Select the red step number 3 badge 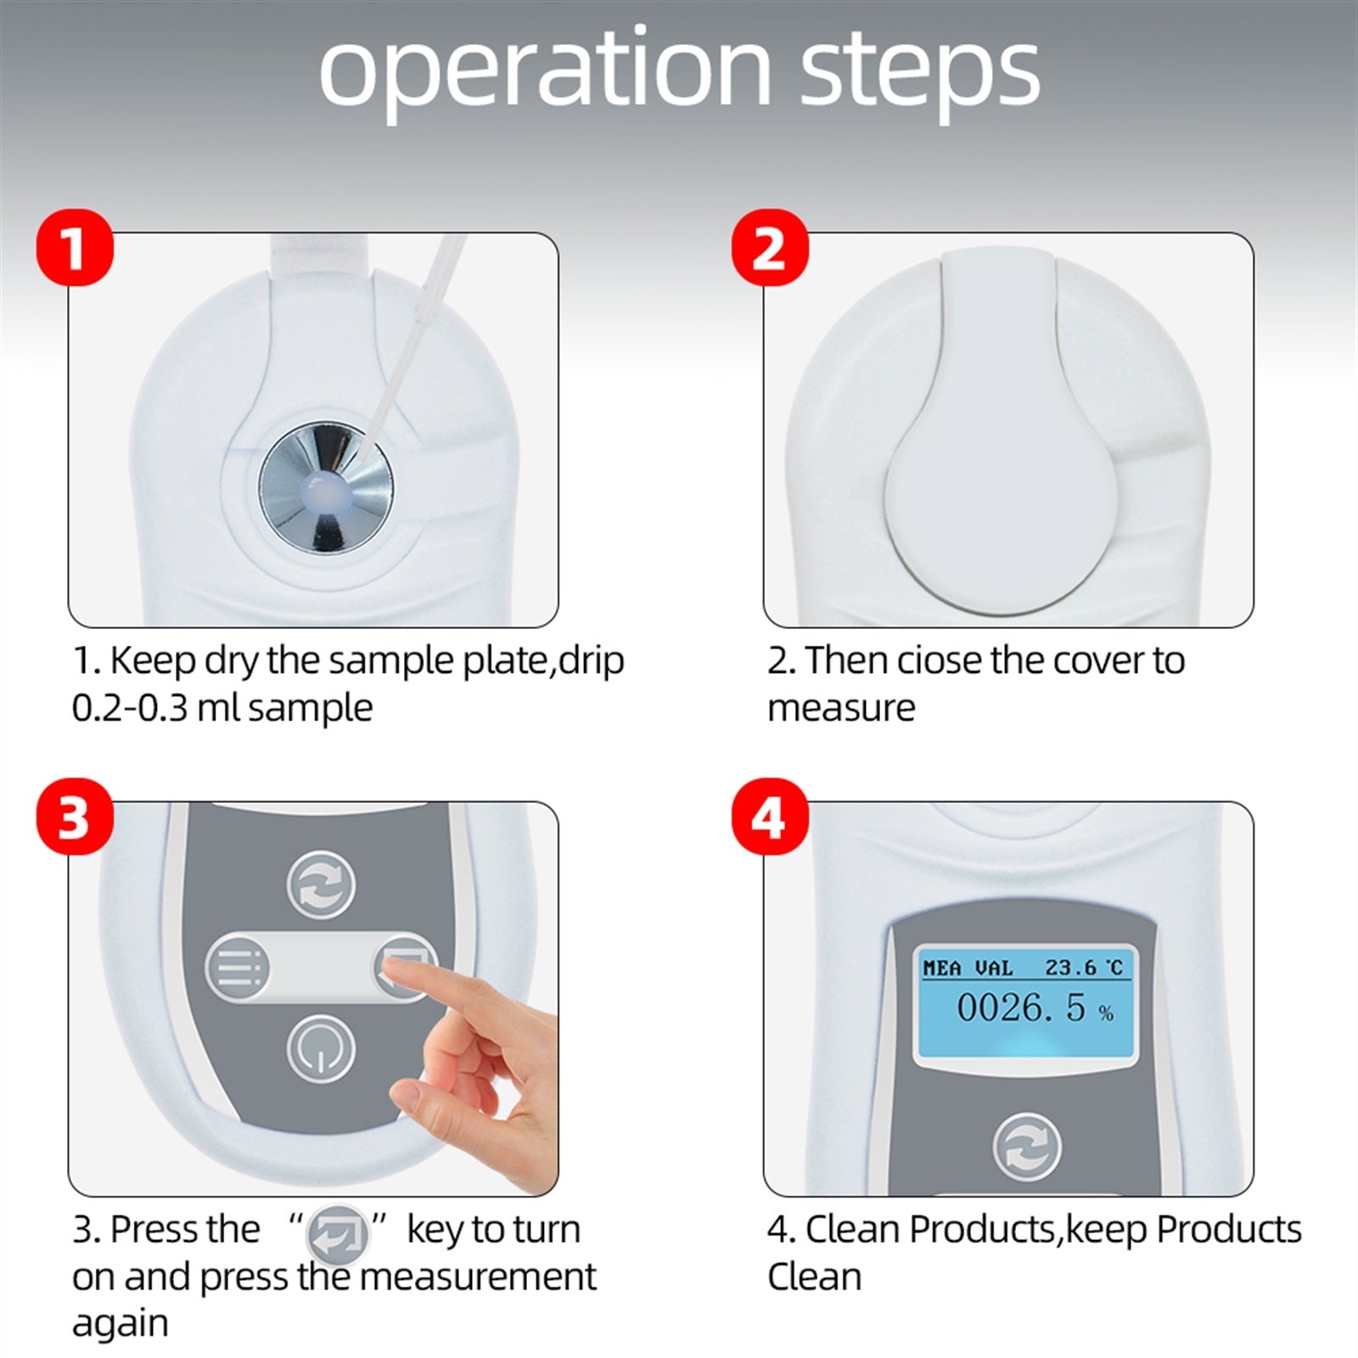(75, 816)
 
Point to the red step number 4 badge (770, 816)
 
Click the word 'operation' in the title (544, 72)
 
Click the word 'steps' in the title (920, 72)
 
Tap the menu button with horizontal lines (238, 968)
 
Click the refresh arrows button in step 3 (322, 885)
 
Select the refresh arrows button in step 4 (1027, 1148)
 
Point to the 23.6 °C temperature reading (1084, 968)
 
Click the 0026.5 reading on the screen (1021, 1008)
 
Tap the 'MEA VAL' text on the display (968, 968)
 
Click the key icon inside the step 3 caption (338, 1232)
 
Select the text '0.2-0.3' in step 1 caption (129, 708)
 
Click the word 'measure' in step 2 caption (841, 709)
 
